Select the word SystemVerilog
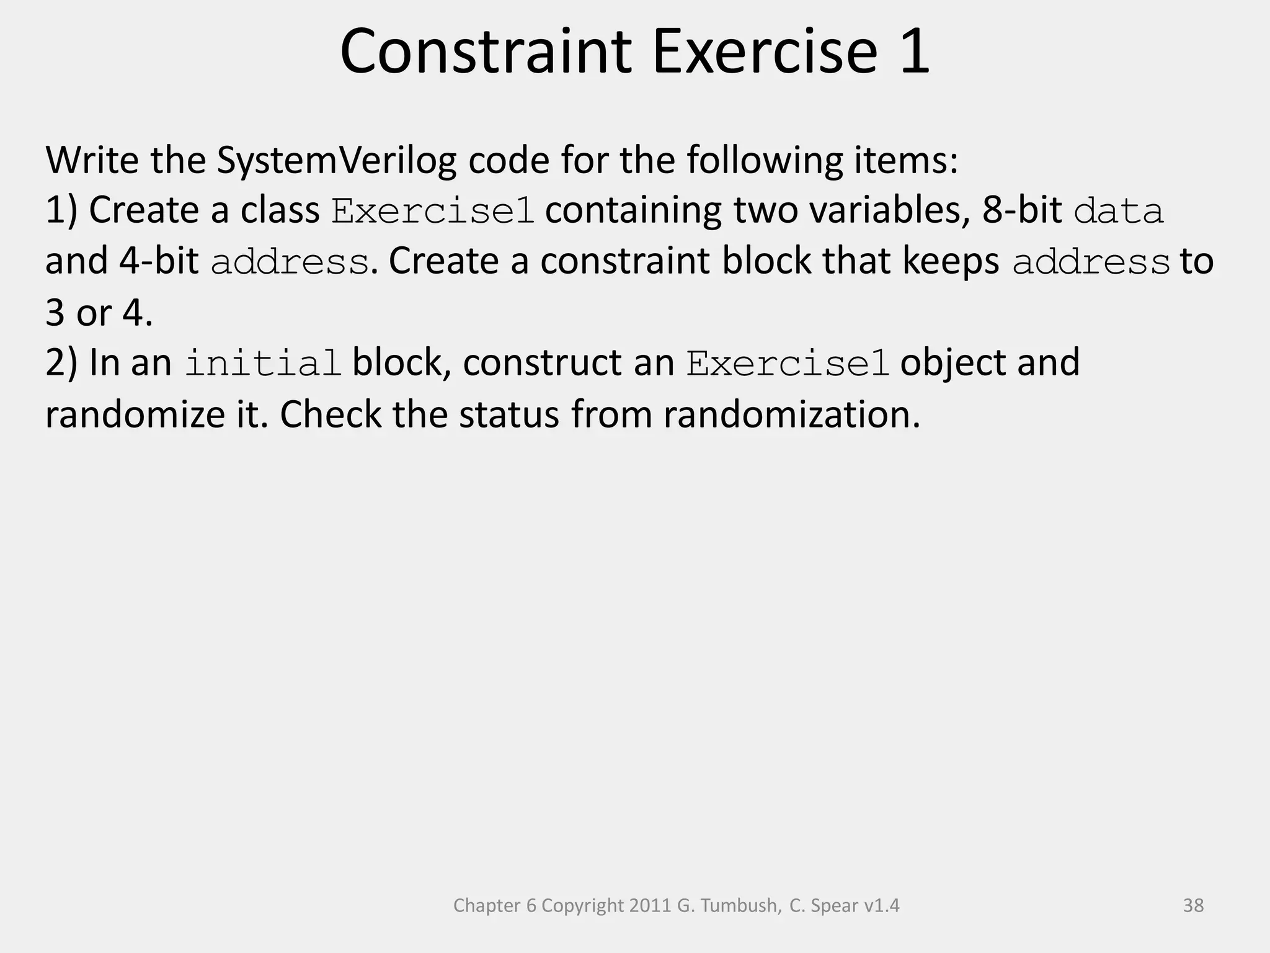[336, 160]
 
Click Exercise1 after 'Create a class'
[432, 211]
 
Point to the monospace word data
[1118, 211]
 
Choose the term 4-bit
[159, 261]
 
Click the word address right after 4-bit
[290, 262]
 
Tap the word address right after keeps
[1091, 262]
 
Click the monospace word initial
[263, 364]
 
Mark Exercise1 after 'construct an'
[788, 364]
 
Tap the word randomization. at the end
[792, 414]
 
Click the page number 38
[1193, 906]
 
